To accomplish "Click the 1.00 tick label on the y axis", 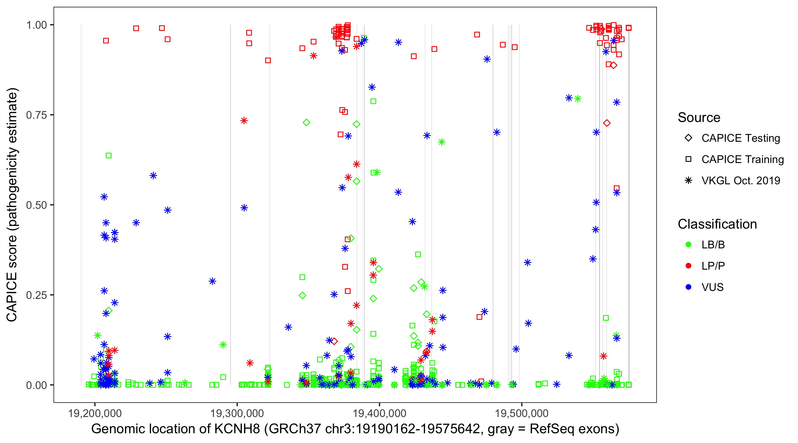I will pyautogui.click(x=36, y=25).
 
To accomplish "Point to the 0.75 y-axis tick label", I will pyautogui.click(x=36, y=115).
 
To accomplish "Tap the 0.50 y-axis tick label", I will pyautogui.click(x=36, y=205).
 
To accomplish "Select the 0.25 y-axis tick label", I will pyautogui.click(x=36, y=295).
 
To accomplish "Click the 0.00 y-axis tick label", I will pyautogui.click(x=36, y=385).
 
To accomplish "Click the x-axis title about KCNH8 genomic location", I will pyautogui.click(x=355, y=429).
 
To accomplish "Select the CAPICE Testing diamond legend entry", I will pyautogui.click(x=688, y=138).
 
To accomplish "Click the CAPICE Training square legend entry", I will pyautogui.click(x=688, y=159).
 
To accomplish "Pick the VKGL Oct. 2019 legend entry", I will pyautogui.click(x=688, y=180).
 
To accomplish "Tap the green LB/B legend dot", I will pyautogui.click(x=688, y=245).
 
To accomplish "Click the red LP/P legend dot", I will pyautogui.click(x=688, y=266).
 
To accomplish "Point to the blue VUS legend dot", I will pyautogui.click(x=688, y=287).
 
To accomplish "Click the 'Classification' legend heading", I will pyautogui.click(x=717, y=224).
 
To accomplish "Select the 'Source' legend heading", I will pyautogui.click(x=699, y=118).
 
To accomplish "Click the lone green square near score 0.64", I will pyautogui.click(x=108, y=156).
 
